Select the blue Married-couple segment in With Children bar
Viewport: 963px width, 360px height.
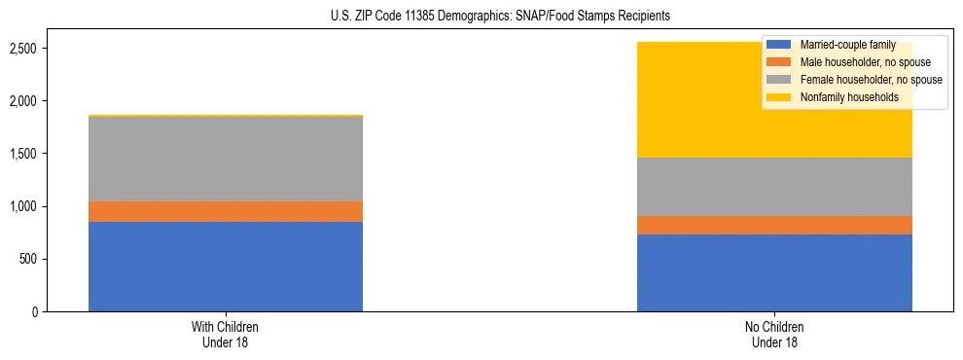pyautogui.click(x=226, y=267)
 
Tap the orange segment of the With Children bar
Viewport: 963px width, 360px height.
pyautogui.click(x=226, y=211)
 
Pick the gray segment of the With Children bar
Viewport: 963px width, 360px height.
pyautogui.click(x=226, y=159)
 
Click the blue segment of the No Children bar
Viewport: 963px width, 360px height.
pyautogui.click(x=774, y=272)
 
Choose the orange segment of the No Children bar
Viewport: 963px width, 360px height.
pyautogui.click(x=774, y=225)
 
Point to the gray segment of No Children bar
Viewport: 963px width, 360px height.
pyautogui.click(x=774, y=187)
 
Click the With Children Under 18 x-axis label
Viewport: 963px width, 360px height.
pyautogui.click(x=226, y=334)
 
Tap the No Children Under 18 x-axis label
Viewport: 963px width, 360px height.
pyautogui.click(x=774, y=334)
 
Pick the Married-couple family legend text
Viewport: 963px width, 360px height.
pyautogui.click(x=843, y=45)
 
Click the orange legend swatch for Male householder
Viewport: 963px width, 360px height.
pyautogui.click(x=780, y=62)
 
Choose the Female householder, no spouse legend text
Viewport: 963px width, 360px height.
pyautogui.click(x=871, y=80)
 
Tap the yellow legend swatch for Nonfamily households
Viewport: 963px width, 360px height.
pyautogui.click(x=780, y=97)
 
